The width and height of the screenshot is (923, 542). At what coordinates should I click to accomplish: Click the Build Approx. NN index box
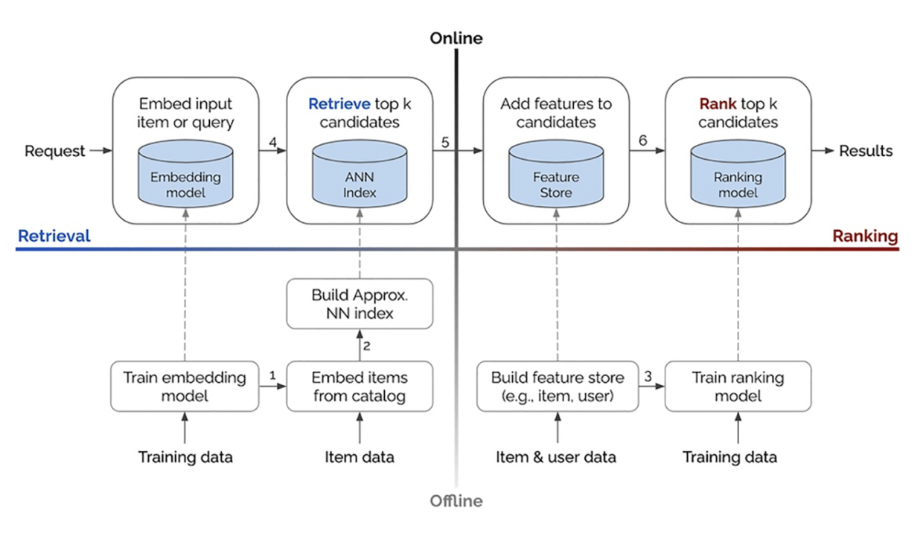360,304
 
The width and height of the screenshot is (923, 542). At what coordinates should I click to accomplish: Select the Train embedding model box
185,387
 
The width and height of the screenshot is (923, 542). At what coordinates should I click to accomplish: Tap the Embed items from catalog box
360,387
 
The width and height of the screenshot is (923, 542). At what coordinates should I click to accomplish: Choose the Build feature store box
558,387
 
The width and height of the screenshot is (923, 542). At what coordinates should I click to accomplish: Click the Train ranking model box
738,387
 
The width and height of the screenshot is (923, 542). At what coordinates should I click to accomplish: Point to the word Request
55,151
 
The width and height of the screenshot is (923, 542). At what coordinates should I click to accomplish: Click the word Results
866,151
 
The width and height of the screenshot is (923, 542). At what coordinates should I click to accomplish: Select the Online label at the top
456,38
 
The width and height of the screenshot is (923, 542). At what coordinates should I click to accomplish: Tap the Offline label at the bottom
456,501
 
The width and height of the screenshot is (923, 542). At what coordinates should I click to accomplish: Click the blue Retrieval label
54,236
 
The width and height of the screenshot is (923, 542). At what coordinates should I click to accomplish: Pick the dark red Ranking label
865,236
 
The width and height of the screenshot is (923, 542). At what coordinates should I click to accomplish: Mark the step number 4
273,141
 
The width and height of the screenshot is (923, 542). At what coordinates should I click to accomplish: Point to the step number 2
366,345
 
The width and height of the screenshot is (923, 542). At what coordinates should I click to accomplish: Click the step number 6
642,141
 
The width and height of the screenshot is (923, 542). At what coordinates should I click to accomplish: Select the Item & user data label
556,457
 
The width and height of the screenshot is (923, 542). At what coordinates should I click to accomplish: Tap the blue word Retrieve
338,104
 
